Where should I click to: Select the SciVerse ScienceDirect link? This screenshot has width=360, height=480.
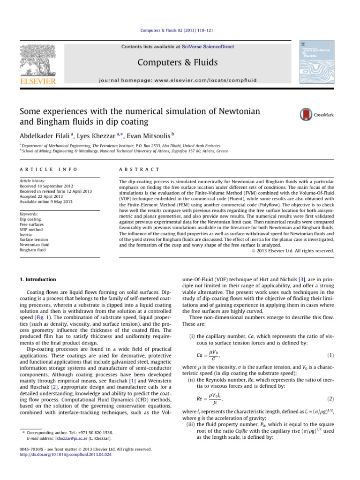(210, 46)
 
